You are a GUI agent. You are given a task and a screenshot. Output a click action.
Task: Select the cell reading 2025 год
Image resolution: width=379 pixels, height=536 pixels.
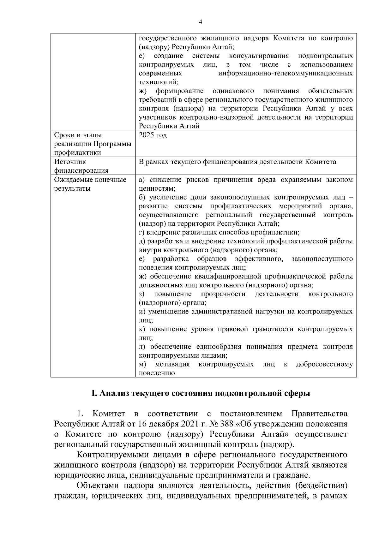coord(153,135)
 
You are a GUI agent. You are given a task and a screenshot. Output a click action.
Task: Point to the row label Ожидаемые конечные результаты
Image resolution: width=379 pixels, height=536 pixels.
coord(90,184)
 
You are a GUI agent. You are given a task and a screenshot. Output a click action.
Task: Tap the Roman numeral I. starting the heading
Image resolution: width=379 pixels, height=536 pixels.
coord(93,393)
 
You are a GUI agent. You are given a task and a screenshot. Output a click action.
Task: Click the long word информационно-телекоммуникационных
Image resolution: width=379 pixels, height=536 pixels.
coord(286,74)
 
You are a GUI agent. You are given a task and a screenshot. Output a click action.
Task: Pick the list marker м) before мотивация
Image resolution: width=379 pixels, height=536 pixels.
coord(142,364)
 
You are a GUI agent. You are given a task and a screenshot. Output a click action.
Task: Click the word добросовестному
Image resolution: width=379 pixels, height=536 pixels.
coord(324,364)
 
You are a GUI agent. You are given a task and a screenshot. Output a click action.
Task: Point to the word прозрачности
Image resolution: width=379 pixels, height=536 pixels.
coord(223,294)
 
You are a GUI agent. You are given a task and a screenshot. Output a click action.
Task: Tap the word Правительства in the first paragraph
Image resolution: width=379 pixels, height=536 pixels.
coord(319,414)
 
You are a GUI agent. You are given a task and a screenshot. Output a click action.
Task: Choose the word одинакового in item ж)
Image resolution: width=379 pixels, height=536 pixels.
coord(233,91)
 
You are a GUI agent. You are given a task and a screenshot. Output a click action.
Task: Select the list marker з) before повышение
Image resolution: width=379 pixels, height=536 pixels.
coord(142,294)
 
